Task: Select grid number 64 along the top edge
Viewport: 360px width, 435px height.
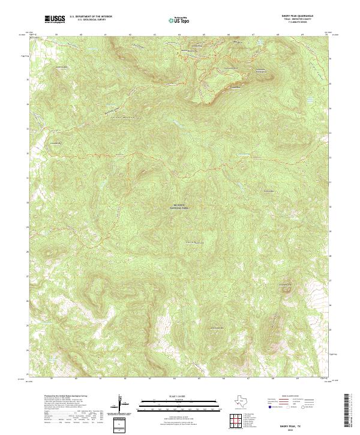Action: tap(179, 35)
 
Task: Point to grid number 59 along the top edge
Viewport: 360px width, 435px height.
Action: tap(56, 35)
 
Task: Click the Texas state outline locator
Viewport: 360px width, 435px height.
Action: tap(240, 401)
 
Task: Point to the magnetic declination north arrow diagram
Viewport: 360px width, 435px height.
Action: tap(121, 405)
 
